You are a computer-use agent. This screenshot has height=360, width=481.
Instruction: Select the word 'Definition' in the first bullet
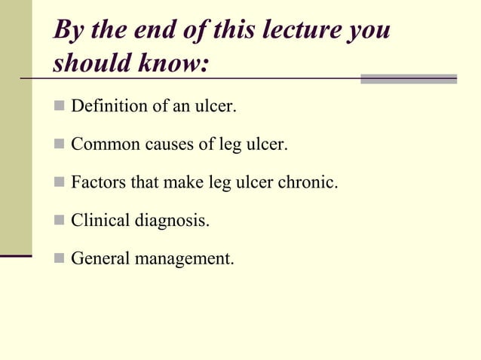(109, 105)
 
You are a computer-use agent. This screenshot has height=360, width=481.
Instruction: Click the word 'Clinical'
(100, 221)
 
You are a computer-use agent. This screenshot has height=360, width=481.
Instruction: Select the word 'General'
(100, 259)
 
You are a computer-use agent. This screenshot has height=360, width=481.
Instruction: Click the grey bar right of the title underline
(409, 78)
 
